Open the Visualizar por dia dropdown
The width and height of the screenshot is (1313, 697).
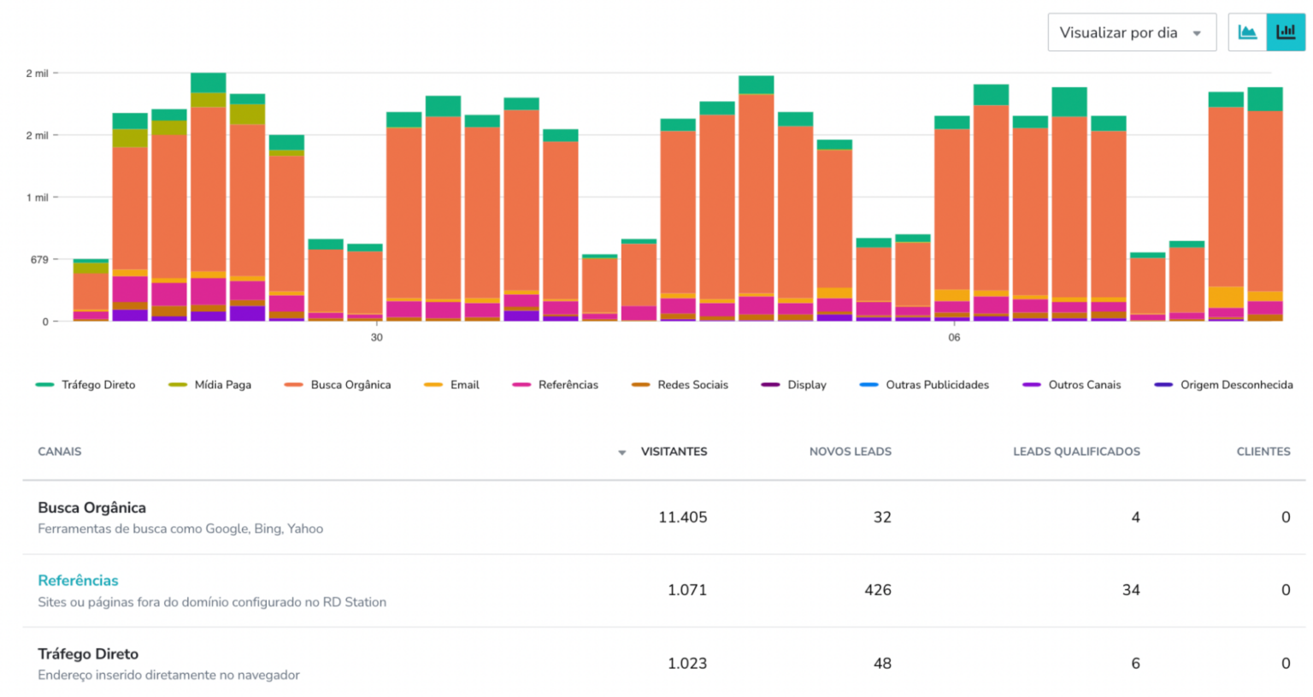pos(1131,32)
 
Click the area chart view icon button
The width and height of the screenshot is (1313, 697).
pos(1247,32)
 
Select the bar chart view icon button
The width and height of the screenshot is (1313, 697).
pos(1286,32)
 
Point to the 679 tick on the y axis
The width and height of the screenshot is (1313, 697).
pos(39,259)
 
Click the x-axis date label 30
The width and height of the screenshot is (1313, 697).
pos(377,338)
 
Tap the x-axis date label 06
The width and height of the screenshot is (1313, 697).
pos(954,338)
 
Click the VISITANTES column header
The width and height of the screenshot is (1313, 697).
pos(674,452)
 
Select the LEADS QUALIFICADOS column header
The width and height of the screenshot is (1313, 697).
pos(1075,452)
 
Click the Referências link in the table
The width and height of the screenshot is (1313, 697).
pos(78,581)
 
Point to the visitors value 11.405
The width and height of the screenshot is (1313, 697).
pos(682,517)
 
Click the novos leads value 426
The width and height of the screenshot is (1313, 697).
pos(877,590)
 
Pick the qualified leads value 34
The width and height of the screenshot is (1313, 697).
pos(1130,590)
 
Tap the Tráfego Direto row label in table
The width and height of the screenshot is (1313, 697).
pos(88,654)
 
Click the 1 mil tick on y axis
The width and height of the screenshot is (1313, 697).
pos(37,198)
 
